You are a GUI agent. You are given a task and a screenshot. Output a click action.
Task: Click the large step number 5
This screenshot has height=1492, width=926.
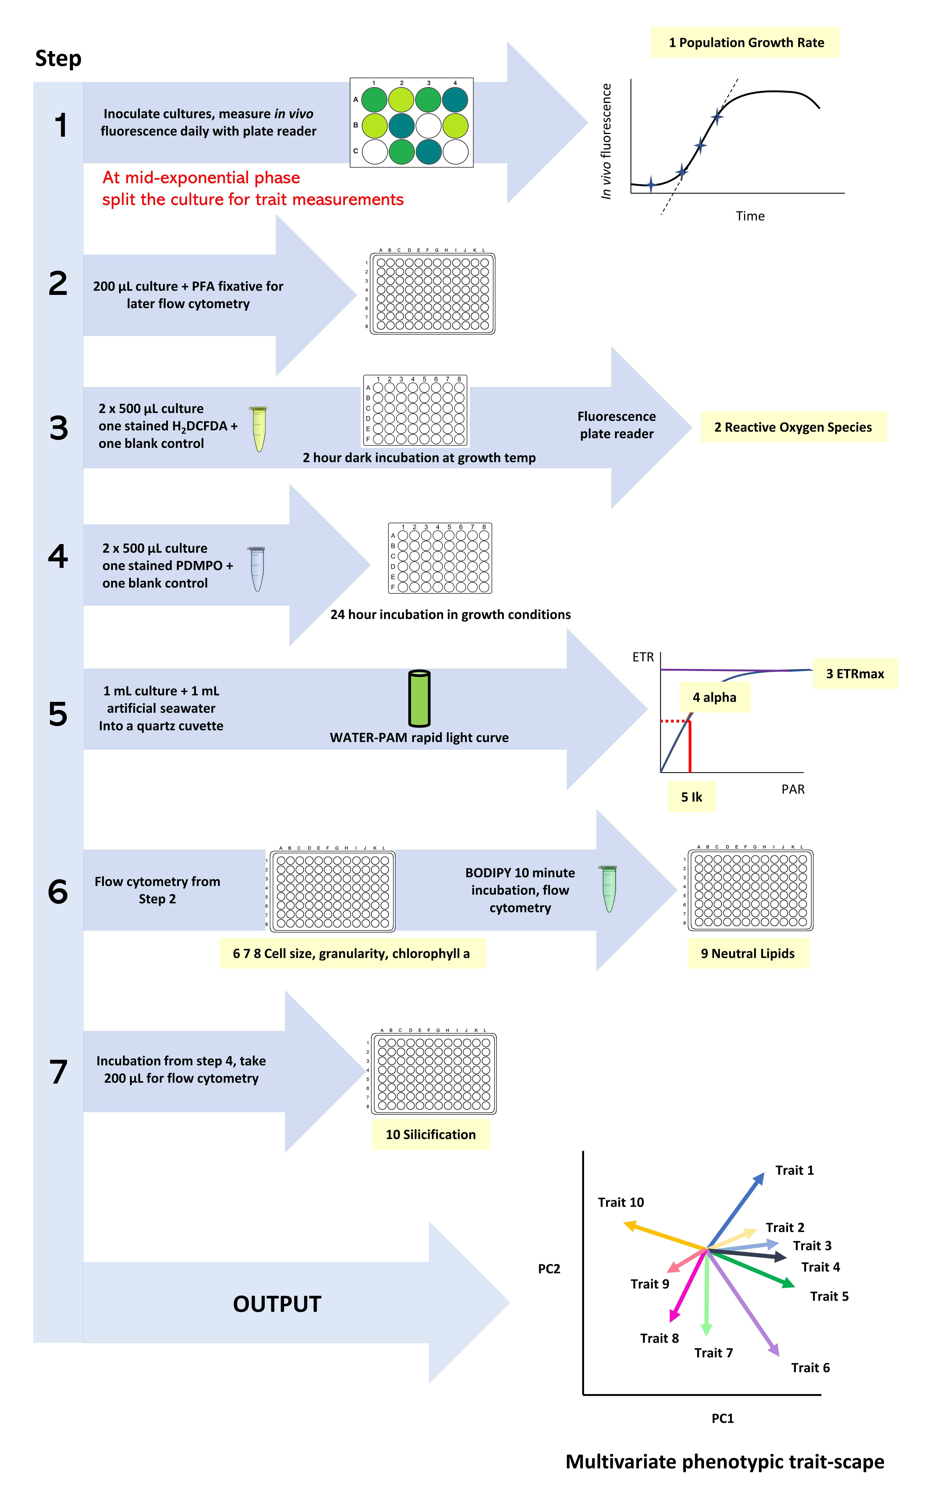(58, 713)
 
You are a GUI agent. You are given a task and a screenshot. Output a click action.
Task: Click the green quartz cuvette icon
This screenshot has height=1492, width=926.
(420, 698)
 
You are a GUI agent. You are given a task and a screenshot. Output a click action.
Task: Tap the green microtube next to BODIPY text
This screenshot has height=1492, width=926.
(608, 888)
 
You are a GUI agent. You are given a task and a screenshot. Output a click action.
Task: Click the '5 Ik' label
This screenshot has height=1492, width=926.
(691, 797)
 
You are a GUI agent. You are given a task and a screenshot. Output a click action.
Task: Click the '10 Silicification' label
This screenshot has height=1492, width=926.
(431, 1134)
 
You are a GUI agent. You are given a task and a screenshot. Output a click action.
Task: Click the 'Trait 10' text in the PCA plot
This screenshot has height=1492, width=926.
(621, 1202)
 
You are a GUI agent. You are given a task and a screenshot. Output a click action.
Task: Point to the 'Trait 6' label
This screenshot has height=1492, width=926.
(810, 1368)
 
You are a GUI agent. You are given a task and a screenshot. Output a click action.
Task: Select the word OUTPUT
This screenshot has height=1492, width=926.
(277, 1304)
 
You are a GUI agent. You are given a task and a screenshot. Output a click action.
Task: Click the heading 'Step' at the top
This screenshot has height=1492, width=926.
(58, 59)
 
